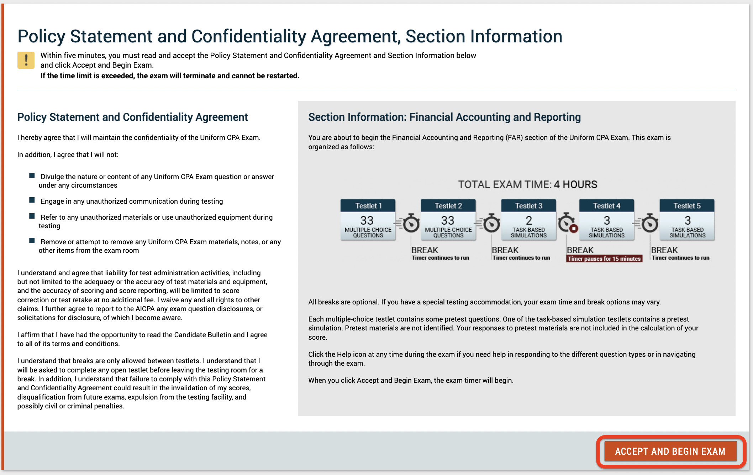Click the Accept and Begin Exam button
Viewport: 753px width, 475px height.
tap(670, 451)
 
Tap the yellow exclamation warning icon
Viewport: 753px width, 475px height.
tap(26, 60)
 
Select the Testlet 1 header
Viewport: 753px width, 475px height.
tap(368, 206)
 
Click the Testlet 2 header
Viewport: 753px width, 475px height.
tap(448, 206)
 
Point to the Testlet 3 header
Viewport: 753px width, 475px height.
tap(528, 206)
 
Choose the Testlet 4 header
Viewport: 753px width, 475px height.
tap(606, 206)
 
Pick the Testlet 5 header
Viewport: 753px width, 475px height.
tap(687, 206)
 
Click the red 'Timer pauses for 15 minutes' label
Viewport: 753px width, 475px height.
tap(604, 259)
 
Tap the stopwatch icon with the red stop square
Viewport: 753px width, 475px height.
tap(567, 223)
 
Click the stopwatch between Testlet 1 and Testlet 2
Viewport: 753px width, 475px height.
tap(411, 224)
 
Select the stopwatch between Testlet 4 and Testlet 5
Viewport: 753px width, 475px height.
tap(649, 224)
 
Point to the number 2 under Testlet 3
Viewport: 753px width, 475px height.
tap(529, 220)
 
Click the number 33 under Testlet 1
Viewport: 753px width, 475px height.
tap(367, 220)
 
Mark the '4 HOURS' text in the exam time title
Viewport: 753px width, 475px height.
tap(575, 184)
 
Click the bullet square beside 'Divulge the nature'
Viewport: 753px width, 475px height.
tap(32, 176)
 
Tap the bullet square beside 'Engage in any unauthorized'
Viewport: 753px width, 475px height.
tap(32, 200)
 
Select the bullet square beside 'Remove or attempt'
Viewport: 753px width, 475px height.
tap(32, 241)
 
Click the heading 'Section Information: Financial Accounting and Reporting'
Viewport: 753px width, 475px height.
tap(444, 117)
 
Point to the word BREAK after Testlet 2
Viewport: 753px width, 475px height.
tap(505, 250)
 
